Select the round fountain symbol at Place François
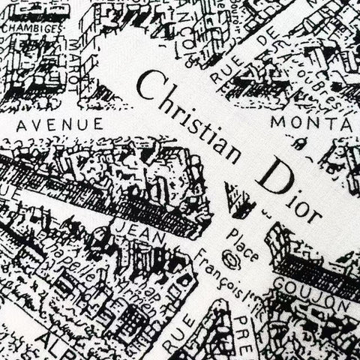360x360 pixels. tap(231, 261)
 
